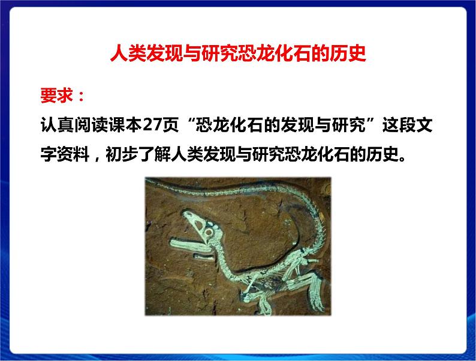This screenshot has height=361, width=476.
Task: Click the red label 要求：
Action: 60,97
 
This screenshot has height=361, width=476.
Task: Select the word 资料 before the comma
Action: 73,158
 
